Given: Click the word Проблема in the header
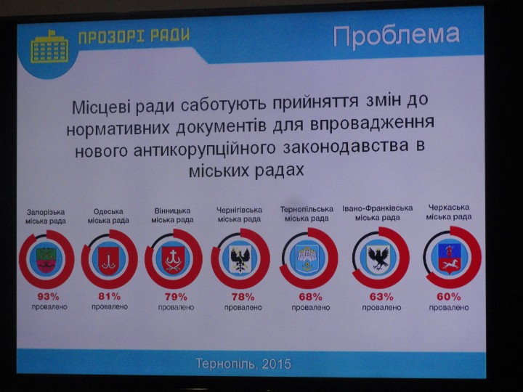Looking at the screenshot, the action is point(397,36).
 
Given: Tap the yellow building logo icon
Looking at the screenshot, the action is point(49,47).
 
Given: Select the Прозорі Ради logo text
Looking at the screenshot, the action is point(134,36).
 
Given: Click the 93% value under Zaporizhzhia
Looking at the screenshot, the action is point(48,296).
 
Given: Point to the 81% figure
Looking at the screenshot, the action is point(110,295).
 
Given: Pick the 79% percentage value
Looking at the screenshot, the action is point(176,296).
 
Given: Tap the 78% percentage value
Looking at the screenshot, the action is point(243,296).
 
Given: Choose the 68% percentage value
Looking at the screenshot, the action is point(311,296).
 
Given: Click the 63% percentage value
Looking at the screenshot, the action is point(381,296).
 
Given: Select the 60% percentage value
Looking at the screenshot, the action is point(449,296).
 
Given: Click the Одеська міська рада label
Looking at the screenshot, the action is point(108,216).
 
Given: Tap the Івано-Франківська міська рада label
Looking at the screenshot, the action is point(378,213).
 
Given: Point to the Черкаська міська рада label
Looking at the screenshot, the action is point(449,212).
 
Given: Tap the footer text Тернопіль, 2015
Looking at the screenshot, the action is point(243,364).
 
